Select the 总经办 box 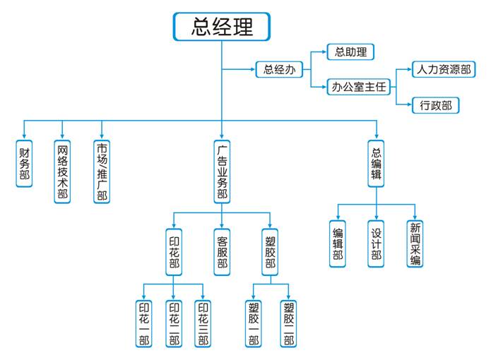tap(279, 69)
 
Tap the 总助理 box tap(350, 52)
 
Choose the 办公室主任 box tap(359, 88)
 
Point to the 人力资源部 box tap(442, 69)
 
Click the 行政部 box tap(436, 106)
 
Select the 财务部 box tap(25, 163)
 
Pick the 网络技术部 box tap(64, 172)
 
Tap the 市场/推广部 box tap(102, 172)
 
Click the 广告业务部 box tap(222, 172)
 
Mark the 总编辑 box tap(376, 163)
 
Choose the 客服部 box tap(222, 251)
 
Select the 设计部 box tap(376, 244)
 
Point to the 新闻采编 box tap(415, 244)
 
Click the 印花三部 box tap(203, 324)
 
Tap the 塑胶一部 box tap(254, 324)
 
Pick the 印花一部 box tap(144, 324)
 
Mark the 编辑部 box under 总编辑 tap(338, 244)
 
